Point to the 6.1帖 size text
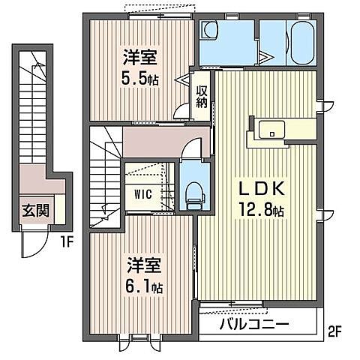click(x=145, y=286)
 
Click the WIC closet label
click(x=143, y=193)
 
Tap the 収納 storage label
click(x=202, y=98)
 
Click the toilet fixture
click(x=193, y=193)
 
